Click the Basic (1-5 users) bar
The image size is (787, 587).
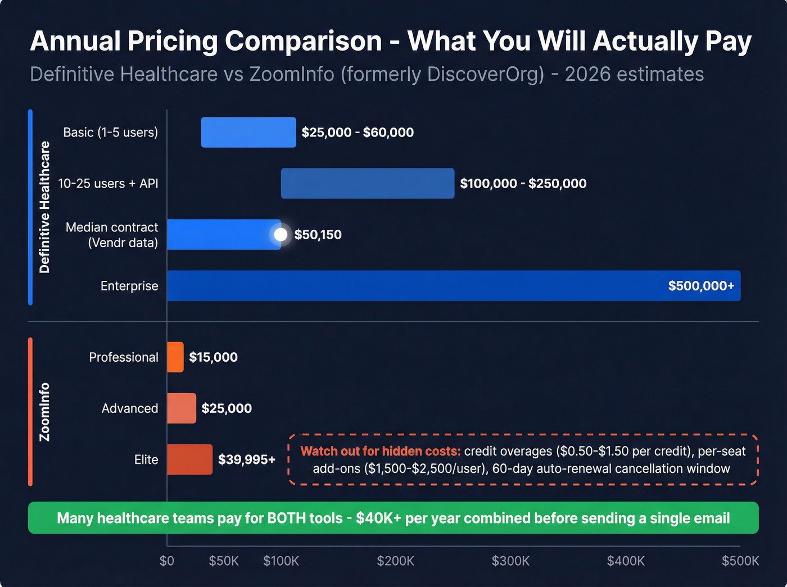(x=248, y=133)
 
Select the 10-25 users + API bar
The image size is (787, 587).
(x=367, y=183)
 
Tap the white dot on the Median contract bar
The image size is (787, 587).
(x=281, y=234)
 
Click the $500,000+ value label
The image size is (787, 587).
(x=700, y=286)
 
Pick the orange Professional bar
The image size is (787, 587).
(x=175, y=357)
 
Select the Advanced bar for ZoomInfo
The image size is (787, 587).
(x=182, y=408)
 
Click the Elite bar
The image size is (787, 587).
(x=189, y=459)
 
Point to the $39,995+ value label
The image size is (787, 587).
(x=246, y=459)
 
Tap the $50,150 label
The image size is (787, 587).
(x=318, y=235)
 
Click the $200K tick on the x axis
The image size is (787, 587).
(x=395, y=561)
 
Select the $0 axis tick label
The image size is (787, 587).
(x=167, y=561)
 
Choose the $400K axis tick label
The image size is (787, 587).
(x=625, y=561)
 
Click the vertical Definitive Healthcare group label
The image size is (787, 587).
(x=44, y=207)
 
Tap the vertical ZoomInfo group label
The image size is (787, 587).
(x=44, y=412)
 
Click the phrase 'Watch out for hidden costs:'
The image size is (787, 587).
(x=380, y=451)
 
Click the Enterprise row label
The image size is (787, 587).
(x=129, y=286)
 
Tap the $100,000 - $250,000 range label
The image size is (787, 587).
(x=523, y=184)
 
